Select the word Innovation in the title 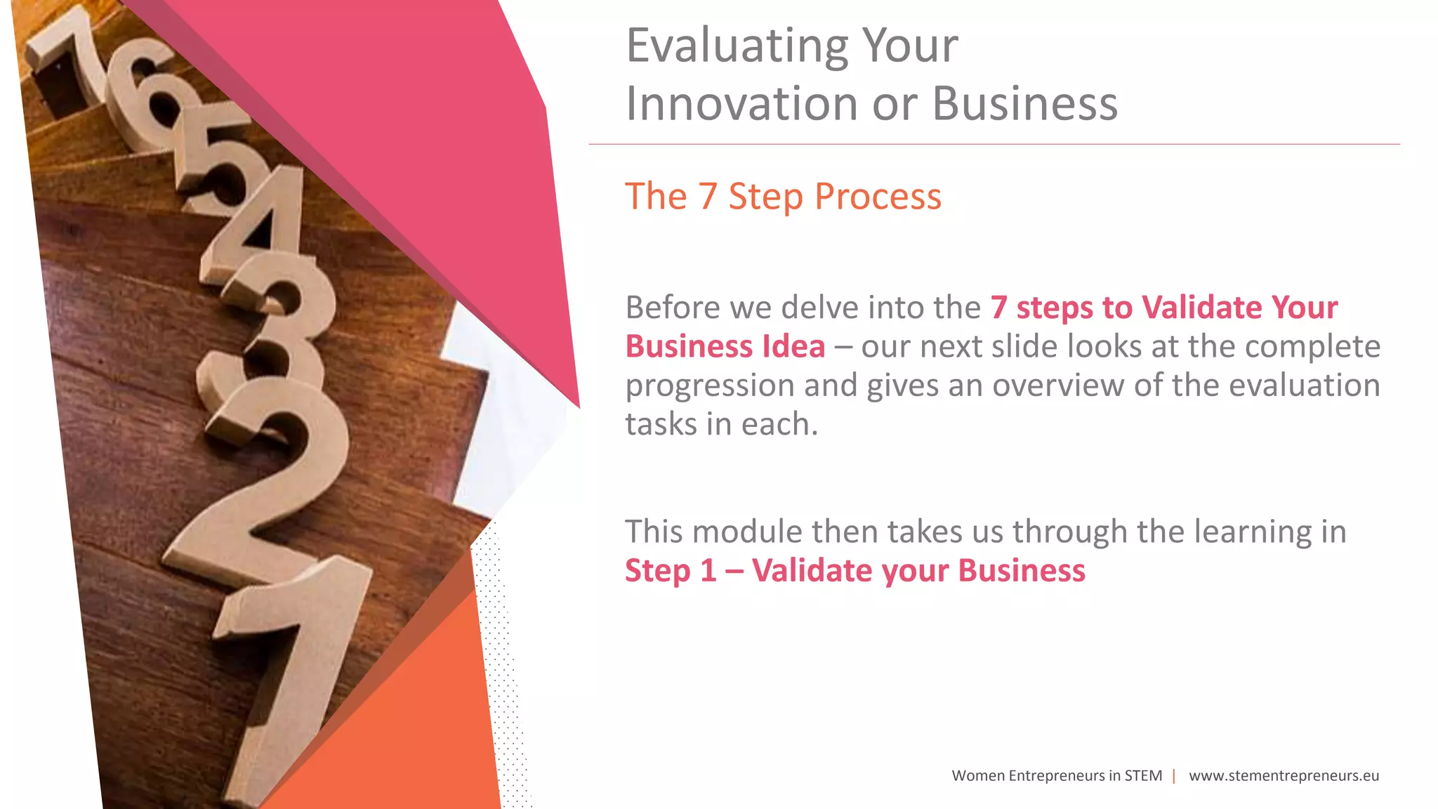741,104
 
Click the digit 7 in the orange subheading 707,197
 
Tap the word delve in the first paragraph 819,308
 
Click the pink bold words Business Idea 725,347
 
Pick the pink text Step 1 670,570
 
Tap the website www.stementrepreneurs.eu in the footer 1284,776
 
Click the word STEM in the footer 1143,776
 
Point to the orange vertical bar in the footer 1174,776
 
